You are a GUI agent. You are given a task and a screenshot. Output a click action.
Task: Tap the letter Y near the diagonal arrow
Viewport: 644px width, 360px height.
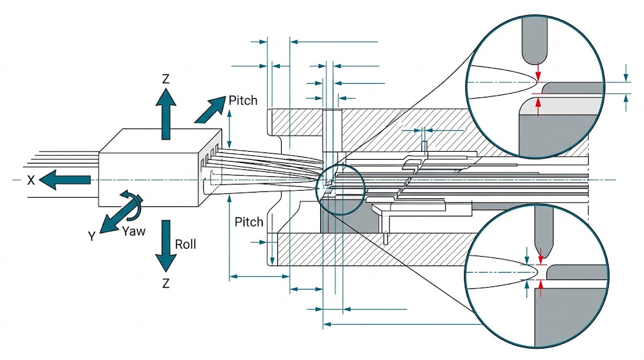92,237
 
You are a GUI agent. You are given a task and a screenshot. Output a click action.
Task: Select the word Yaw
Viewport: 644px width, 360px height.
133,231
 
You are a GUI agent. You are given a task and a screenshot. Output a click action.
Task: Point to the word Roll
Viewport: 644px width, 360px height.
186,244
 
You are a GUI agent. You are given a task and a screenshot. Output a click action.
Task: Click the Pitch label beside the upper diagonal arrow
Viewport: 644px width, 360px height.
243,100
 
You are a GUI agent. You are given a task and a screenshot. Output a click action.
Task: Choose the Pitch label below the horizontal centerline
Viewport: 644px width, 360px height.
249,222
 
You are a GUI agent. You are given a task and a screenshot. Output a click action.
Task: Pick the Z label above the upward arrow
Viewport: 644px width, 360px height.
165,79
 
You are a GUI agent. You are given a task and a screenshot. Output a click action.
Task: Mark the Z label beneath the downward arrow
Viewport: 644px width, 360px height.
165,283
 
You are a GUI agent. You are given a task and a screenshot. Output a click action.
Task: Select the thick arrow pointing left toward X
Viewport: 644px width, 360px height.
65,180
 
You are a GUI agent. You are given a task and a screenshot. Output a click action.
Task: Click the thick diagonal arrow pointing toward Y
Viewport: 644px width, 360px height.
115,216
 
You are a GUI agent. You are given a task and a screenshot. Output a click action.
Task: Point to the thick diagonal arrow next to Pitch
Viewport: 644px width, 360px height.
209,110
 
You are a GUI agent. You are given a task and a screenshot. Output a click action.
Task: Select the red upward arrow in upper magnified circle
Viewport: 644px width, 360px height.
538,105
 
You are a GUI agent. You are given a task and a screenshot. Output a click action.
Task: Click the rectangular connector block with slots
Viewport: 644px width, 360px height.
160,168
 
